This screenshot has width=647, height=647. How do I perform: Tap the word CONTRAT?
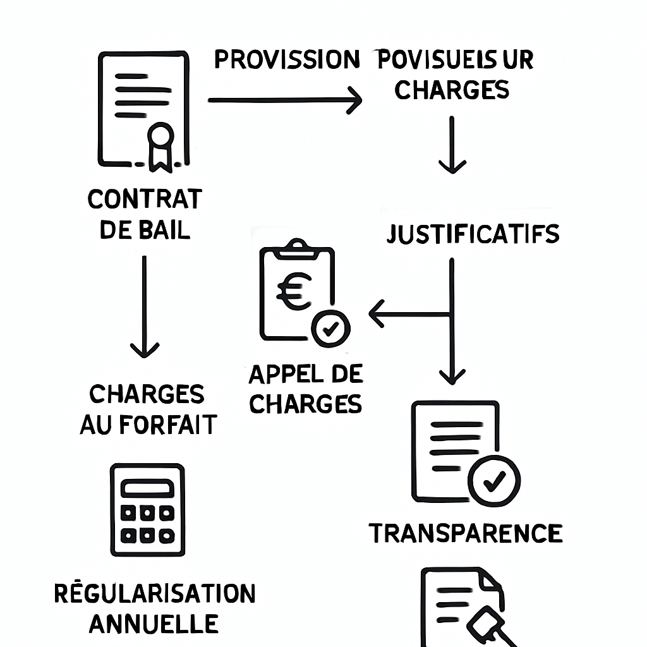145,199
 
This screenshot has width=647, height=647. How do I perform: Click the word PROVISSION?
287,59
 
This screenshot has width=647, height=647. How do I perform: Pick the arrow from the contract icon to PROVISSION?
284,100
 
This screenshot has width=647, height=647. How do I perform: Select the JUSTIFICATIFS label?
473,234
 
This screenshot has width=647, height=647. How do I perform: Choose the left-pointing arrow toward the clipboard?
408,314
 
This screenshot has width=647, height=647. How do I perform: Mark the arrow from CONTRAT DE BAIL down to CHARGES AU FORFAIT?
144,306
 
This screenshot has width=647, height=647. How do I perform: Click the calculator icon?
147,509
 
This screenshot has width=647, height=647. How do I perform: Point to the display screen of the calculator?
147,488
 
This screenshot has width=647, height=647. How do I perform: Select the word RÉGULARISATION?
155,594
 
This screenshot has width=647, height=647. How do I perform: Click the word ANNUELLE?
154,624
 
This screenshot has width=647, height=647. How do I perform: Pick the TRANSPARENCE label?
466,533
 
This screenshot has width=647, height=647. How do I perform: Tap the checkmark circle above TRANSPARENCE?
493,481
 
